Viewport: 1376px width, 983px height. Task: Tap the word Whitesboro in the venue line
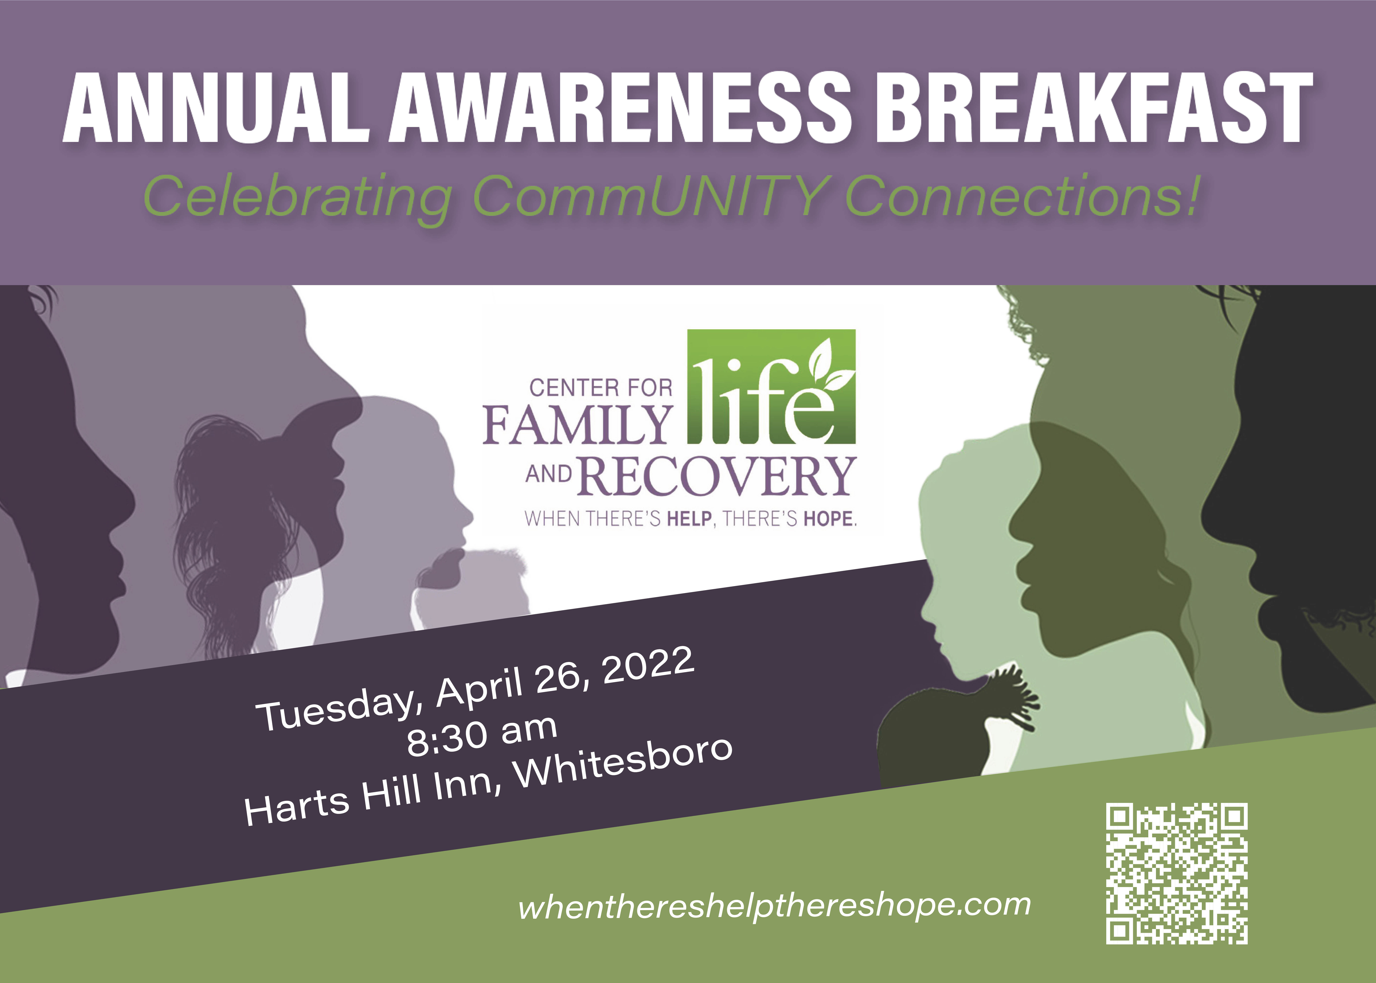click(623, 764)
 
